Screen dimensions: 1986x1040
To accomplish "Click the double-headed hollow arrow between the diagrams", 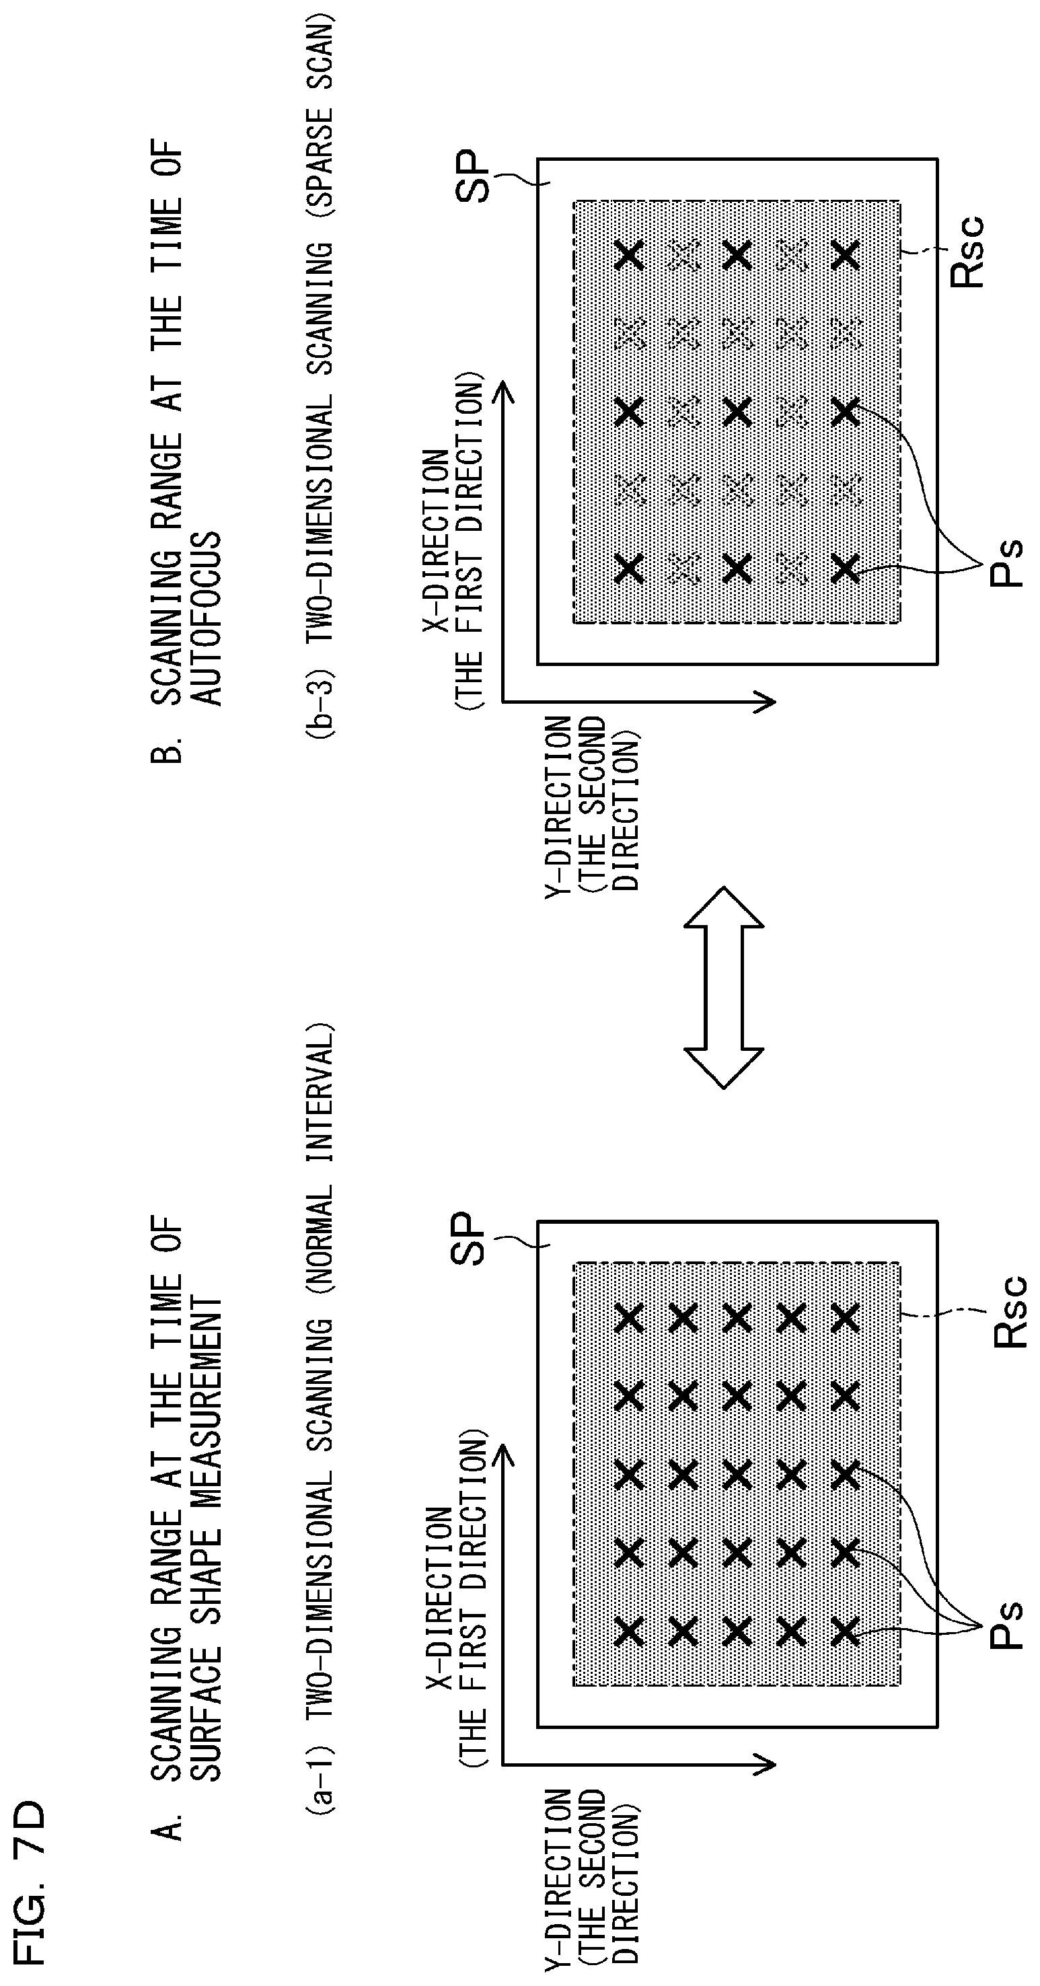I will click(724, 988).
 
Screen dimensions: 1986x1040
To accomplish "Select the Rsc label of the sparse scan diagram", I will click(967, 252).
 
